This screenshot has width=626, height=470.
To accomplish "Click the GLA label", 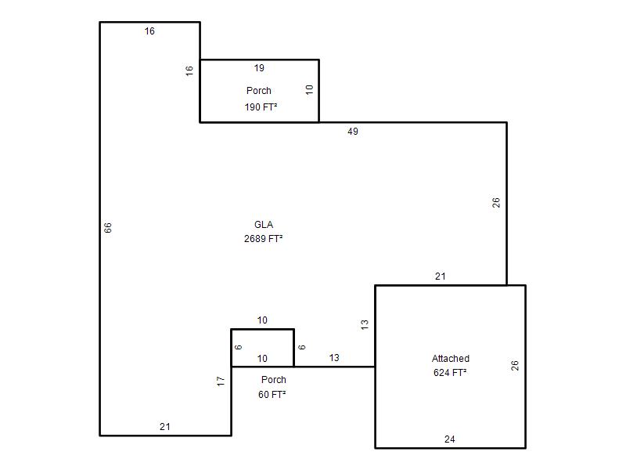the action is [x=264, y=225].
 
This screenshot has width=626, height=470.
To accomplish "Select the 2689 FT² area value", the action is [x=264, y=239].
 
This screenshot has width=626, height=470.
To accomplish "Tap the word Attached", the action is [x=451, y=359].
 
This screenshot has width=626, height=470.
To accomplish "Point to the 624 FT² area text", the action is [x=451, y=373].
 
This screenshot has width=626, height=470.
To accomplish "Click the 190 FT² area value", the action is [x=261, y=107].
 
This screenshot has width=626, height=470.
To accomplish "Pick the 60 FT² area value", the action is [x=272, y=395].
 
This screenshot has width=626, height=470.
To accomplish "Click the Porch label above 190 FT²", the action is [x=259, y=91].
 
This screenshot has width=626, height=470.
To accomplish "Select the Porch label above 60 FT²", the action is [x=273, y=380].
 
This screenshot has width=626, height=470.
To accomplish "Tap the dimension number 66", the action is [x=108, y=228].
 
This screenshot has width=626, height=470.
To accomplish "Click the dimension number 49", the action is [x=353, y=132].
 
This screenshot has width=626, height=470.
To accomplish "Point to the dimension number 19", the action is [x=259, y=68].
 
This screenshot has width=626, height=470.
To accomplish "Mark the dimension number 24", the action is [x=449, y=439].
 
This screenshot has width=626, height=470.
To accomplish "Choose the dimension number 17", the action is [x=221, y=381].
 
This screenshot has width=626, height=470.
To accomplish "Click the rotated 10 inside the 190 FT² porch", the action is [x=309, y=89].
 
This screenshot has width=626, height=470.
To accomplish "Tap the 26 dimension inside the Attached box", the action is [x=515, y=365].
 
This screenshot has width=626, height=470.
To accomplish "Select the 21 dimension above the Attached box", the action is [x=441, y=277].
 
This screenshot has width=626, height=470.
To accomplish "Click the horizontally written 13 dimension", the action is [x=334, y=358].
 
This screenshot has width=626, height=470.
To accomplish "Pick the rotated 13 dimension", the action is [x=365, y=324].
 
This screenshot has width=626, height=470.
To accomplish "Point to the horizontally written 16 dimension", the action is [x=149, y=31].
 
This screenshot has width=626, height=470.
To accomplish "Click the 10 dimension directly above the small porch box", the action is [x=262, y=320].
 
